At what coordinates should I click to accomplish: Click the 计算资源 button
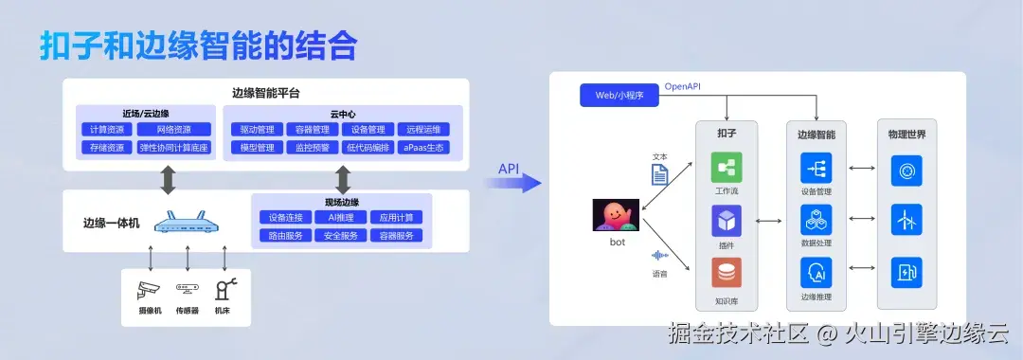point(105,129)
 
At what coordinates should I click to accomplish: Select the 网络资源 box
point(173,129)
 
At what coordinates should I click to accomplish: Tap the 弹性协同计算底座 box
point(173,148)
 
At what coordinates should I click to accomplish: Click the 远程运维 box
point(422,129)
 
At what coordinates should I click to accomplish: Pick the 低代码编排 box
point(368,148)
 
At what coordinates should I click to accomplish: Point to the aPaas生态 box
point(422,148)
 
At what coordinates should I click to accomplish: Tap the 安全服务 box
point(340,235)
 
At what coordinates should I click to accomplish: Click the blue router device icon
point(187,224)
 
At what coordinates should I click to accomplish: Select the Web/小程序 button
point(619,96)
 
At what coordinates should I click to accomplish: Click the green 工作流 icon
point(727,168)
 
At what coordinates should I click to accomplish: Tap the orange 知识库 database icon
point(727,273)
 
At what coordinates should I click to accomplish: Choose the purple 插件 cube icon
point(727,221)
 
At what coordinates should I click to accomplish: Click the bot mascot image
point(617,216)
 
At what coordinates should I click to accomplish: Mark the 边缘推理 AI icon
point(816,273)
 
